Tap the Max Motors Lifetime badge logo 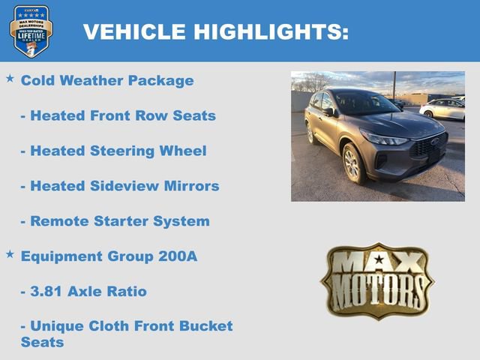[x=31, y=31]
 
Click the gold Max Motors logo [x=377, y=280]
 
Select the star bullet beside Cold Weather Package [x=10, y=78]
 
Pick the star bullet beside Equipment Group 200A [x=10, y=254]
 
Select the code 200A [x=178, y=256]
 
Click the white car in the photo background [x=442, y=109]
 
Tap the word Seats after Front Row [x=194, y=115]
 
